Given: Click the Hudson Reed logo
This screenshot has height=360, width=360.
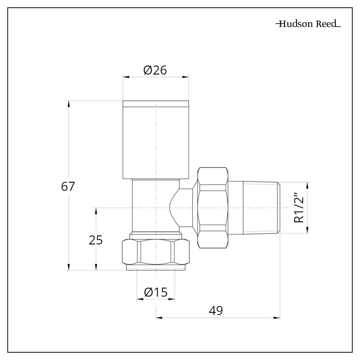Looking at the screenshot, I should click(x=308, y=24).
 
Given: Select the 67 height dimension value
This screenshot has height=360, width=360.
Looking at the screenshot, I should click(x=68, y=187).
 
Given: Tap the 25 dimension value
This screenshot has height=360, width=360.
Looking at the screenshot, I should click(x=96, y=240).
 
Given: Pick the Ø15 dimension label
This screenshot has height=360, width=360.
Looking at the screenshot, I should click(x=156, y=292).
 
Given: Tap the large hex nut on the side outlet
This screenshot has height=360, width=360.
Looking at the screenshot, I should click(x=213, y=208).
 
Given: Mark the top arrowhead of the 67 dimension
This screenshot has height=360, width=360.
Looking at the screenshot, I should click(x=68, y=102).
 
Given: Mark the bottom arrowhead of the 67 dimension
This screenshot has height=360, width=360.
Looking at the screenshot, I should click(x=68, y=268).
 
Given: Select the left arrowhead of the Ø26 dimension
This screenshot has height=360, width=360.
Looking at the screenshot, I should click(x=125, y=76).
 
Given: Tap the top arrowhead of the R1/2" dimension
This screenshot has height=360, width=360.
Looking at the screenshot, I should click(x=307, y=184).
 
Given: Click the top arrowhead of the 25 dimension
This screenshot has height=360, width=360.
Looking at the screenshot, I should click(x=96, y=210).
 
